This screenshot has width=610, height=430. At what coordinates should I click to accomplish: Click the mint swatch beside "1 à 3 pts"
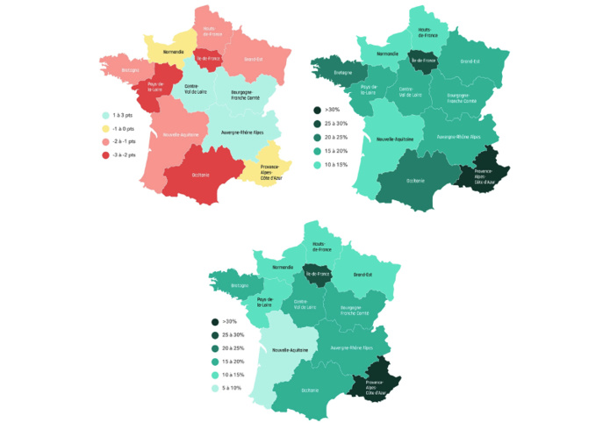pyautogui.click(x=105, y=115)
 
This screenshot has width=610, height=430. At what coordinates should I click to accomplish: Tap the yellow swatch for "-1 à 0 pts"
pyautogui.click(x=105, y=128)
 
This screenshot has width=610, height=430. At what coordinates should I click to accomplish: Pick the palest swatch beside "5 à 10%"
pyautogui.click(x=215, y=388)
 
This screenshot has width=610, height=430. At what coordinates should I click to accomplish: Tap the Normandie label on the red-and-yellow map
pyautogui.click(x=172, y=52)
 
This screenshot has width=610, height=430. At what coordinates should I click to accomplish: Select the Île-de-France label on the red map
pyautogui.click(x=208, y=58)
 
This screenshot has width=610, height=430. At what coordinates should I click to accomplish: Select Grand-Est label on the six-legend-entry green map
pyautogui.click(x=361, y=275)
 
